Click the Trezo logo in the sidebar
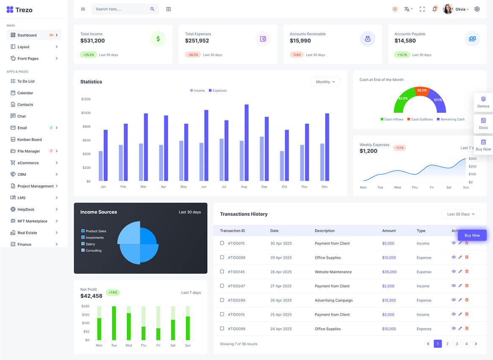coord(19,10)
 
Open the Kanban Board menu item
coord(29,139)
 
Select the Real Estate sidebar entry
coord(27,233)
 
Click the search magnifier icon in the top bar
coord(152,9)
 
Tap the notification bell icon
coord(434,9)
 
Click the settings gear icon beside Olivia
coord(477,9)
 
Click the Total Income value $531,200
coord(93,41)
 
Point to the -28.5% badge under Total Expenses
coord(193,55)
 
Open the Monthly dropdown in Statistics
coord(325,82)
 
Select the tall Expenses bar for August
coord(246,143)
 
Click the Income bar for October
coord(282,166)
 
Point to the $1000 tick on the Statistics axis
coord(86,113)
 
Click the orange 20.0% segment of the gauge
coord(421,90)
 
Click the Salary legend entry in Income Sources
coord(90,244)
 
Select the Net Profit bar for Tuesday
coord(114,323)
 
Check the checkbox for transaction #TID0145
coord(222,272)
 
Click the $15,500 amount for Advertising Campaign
coord(389,300)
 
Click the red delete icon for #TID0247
coord(467,286)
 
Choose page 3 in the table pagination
coord(457,344)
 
